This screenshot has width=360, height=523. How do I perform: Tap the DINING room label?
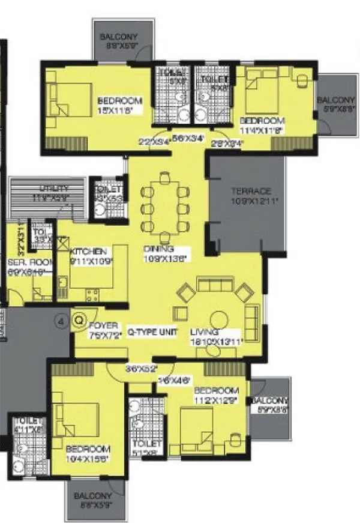(x=158, y=249)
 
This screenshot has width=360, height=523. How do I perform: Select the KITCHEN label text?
(x=88, y=251)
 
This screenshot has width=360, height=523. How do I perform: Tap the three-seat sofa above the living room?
(x=215, y=284)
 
